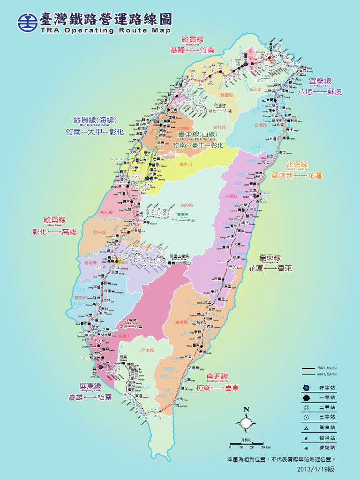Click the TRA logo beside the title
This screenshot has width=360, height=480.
coord(28,22)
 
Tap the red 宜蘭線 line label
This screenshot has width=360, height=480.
coord(320,82)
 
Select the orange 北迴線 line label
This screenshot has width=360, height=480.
coord(297,165)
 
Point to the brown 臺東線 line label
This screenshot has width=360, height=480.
coord(270,258)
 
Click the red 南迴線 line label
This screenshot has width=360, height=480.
coord(217,377)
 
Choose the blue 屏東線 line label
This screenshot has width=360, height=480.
coord(90,386)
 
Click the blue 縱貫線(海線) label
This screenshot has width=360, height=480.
coord(95,120)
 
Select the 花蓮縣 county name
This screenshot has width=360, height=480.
coord(232,196)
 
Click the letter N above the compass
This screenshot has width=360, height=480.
coord(246,409)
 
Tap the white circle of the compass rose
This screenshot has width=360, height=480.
coord(246,424)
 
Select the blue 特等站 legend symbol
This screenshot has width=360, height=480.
coord(306,388)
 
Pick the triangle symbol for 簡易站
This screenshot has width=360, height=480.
coord(306,427)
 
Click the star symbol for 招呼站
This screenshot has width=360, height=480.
coord(306,438)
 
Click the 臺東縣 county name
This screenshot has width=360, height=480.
coord(181,322)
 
